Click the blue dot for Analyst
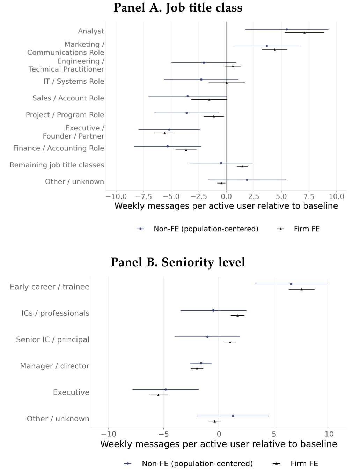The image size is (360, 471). coord(287,29)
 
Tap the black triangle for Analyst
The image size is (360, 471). coord(304,33)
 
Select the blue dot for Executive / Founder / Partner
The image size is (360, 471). coord(169,129)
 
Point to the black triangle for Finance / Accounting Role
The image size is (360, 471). coord(186,150)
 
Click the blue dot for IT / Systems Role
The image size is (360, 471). coord(201,80)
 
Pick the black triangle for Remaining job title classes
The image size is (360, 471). coord(242,166)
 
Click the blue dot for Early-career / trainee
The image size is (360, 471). coord(291,284)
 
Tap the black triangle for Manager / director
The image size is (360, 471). coord(197,368)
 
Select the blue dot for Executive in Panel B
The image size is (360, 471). coord(166,389)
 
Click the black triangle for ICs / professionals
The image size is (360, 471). coord(237,316)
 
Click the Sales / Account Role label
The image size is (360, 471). coord(68,98)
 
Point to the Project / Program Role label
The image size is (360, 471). coord(65,115)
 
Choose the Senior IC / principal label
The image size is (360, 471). coord(53,339)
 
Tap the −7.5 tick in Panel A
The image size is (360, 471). coord(144,196)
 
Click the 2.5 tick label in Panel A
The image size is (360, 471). coord(254,196)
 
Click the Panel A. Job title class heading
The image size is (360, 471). coord(178,8)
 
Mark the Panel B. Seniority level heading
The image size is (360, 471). coord(178,262)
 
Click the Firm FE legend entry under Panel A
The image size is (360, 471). coord(298,229)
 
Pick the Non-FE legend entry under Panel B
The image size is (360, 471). coord(189,463)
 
